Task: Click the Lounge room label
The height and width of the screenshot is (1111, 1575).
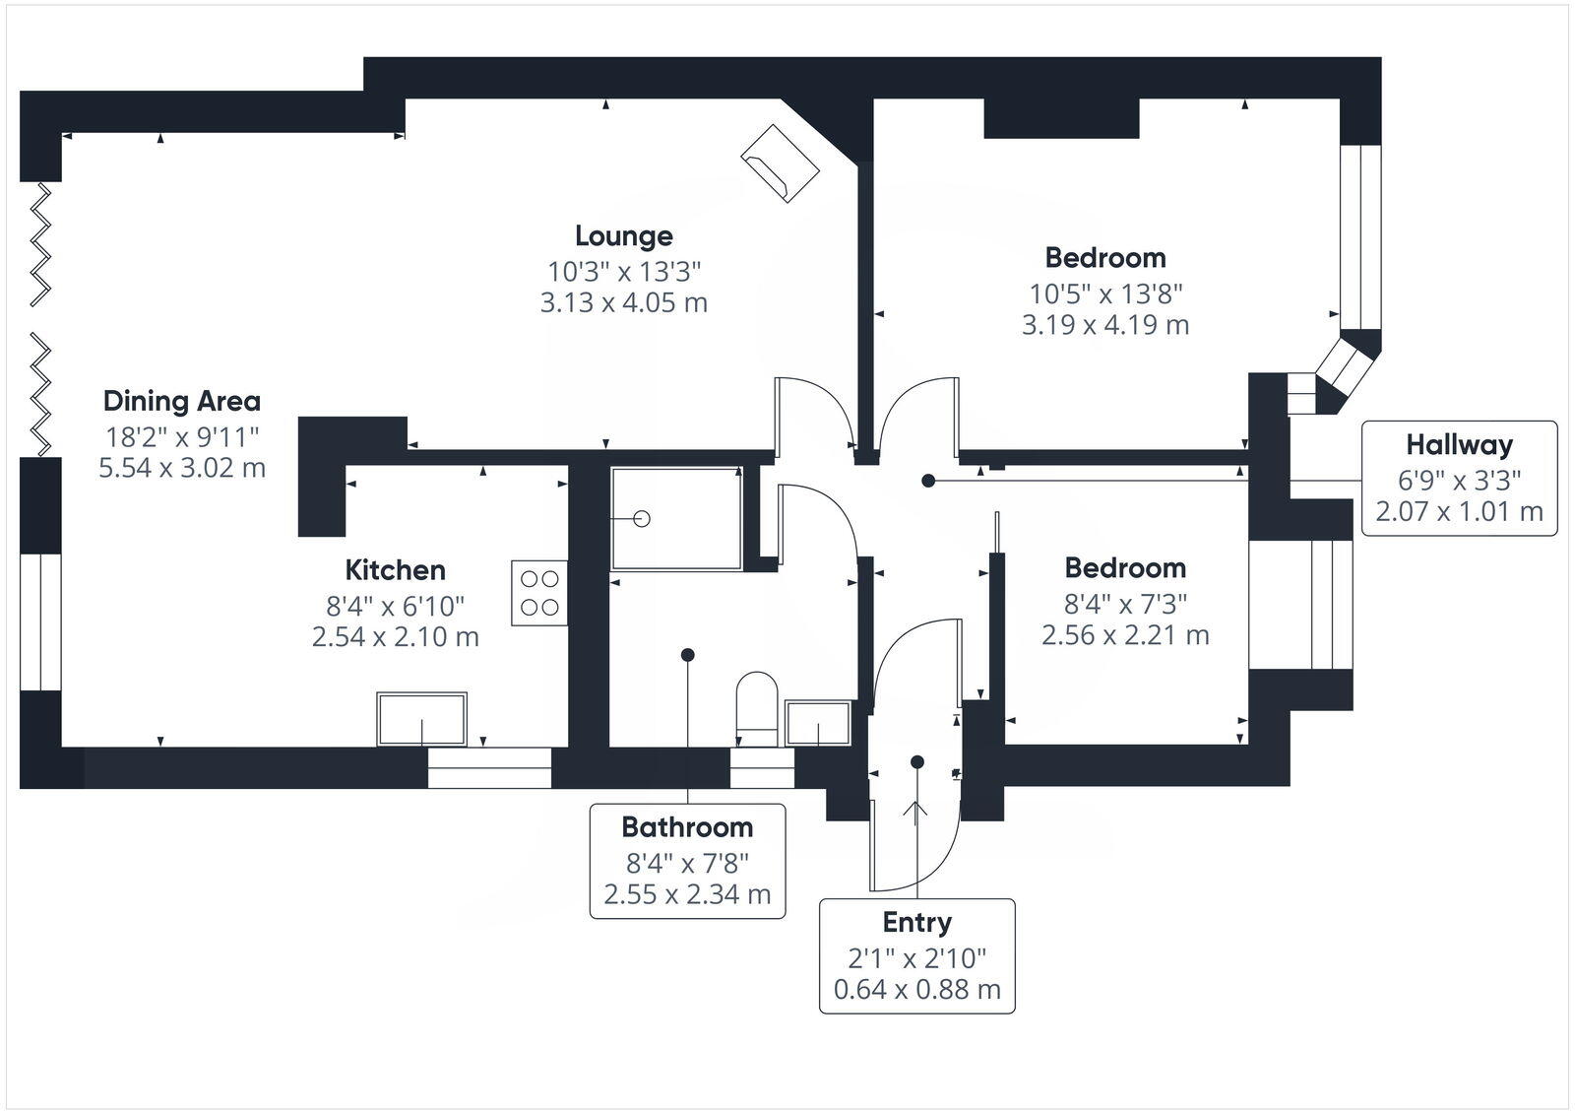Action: pyautogui.click(x=624, y=236)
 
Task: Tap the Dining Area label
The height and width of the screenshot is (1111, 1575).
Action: pyautogui.click(x=182, y=401)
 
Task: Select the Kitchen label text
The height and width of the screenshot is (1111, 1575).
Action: pyautogui.click(x=395, y=570)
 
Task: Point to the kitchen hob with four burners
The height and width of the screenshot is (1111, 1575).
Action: pyautogui.click(x=539, y=593)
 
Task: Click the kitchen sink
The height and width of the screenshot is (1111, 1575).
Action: pyautogui.click(x=422, y=718)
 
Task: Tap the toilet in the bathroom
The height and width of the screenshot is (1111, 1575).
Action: pyautogui.click(x=757, y=708)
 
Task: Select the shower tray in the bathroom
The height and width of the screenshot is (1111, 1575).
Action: pyautogui.click(x=676, y=518)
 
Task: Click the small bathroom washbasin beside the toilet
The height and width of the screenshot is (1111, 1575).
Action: pyautogui.click(x=818, y=723)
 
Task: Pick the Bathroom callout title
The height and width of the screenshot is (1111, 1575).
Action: pyautogui.click(x=687, y=827)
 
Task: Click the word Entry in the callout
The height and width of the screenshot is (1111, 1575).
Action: pyautogui.click(x=916, y=923)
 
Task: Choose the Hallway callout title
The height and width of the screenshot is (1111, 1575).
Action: pyautogui.click(x=1459, y=444)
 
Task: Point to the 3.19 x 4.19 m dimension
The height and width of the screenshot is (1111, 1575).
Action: pyautogui.click(x=1105, y=325)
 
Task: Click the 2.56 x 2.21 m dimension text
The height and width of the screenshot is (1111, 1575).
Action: pyautogui.click(x=1125, y=635)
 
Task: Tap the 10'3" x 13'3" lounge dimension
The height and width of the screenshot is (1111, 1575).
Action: pyautogui.click(x=624, y=271)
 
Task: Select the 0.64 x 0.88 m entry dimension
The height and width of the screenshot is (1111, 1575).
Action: pyautogui.click(x=916, y=990)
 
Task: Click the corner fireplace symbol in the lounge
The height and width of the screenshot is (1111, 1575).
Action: pyautogui.click(x=780, y=163)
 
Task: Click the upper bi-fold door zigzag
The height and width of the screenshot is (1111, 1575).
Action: pyautogui.click(x=40, y=244)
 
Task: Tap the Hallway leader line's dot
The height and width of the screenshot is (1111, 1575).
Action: pyautogui.click(x=928, y=482)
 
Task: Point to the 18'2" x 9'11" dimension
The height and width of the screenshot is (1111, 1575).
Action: pyautogui.click(x=182, y=437)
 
